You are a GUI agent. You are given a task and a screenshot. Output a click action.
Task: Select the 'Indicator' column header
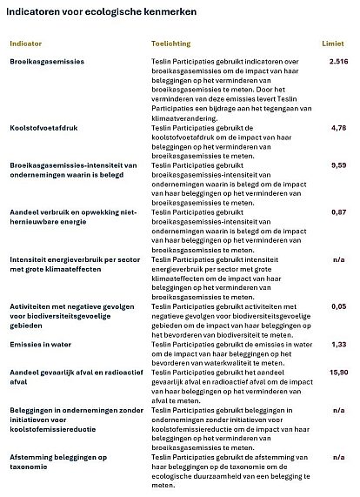(x=26, y=42)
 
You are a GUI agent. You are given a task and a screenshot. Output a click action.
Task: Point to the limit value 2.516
(x=339, y=62)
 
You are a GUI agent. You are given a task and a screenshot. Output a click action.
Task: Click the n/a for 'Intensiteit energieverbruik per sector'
(x=342, y=259)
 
